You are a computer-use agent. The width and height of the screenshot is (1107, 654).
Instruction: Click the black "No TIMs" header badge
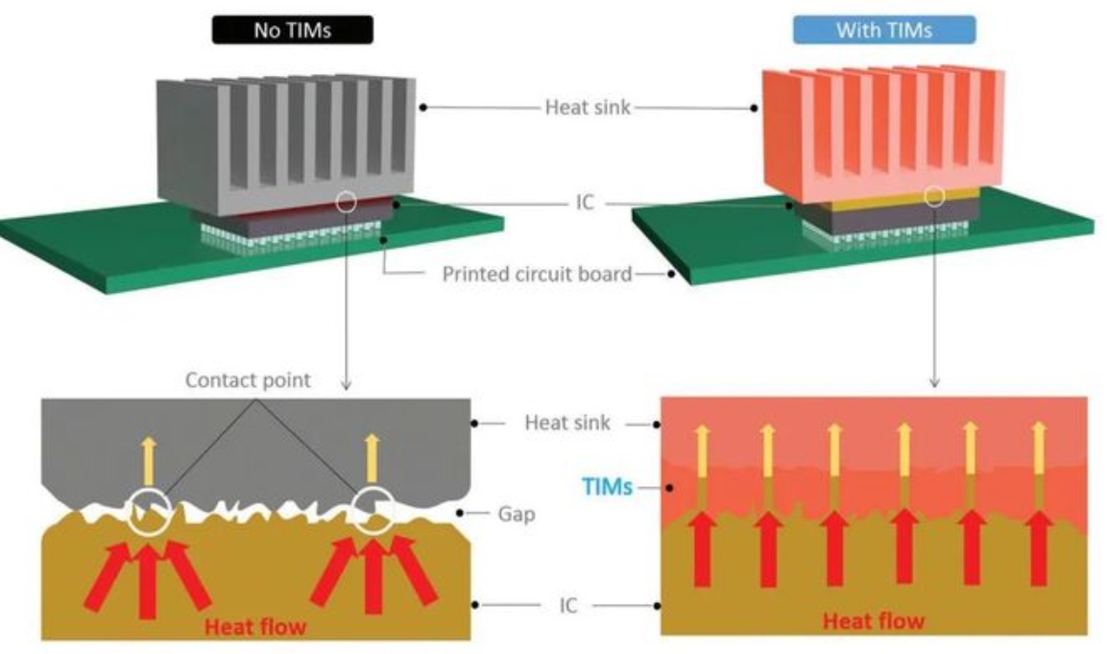[292, 29]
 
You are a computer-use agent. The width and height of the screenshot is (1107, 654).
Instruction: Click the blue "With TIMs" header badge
[883, 29]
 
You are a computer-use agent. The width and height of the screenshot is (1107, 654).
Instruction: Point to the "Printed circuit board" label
[537, 275]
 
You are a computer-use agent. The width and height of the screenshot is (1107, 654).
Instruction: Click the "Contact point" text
[248, 379]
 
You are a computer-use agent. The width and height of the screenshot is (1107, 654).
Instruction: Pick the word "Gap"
[517, 515]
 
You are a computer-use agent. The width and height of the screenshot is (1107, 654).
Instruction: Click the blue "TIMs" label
[609, 488]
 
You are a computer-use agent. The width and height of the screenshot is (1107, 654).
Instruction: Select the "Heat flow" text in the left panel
[253, 627]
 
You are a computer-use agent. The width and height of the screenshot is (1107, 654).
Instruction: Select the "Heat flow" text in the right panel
[872, 620]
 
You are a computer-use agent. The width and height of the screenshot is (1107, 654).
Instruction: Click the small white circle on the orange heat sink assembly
[933, 197]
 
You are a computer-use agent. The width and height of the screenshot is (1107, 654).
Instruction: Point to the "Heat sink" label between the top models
[588, 108]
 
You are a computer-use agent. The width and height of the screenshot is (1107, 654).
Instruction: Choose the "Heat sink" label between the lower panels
[566, 423]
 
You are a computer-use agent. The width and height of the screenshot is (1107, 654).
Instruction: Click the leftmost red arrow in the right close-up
[702, 547]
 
